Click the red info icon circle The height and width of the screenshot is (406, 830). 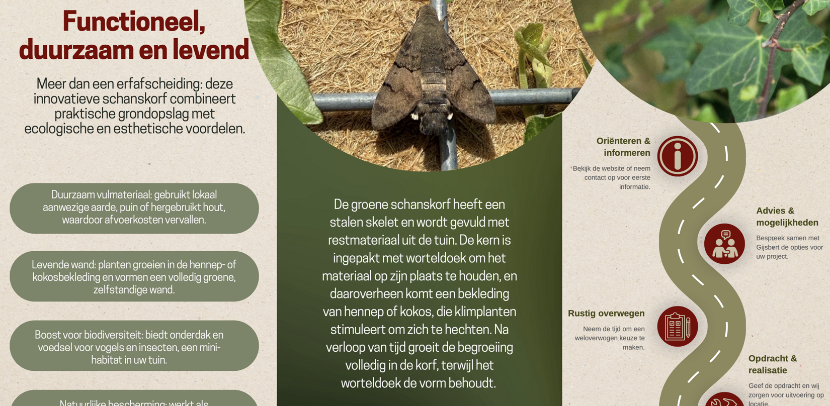[x=677, y=156]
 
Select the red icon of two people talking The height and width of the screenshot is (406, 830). [x=724, y=244]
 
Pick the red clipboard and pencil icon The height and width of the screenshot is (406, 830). [x=677, y=326]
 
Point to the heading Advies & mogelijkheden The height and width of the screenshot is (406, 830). [x=787, y=217]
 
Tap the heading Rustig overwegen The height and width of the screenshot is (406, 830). [x=606, y=314]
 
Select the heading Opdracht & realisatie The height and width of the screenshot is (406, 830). [x=772, y=364]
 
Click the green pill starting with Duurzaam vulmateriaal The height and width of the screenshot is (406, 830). [x=134, y=208]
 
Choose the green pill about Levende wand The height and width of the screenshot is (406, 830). [x=134, y=277]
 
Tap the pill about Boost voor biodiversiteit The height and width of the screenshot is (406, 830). [x=134, y=347]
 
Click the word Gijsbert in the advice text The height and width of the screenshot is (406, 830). [x=772, y=247]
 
